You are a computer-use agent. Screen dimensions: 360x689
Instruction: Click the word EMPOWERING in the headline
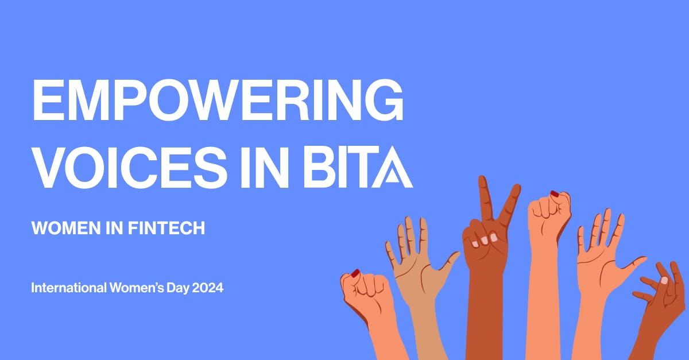coord(218,101)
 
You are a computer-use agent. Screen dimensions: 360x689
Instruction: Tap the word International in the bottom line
coord(68,288)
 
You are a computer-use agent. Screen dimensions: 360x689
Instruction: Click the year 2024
coord(207,288)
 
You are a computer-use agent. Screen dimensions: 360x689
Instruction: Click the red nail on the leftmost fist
coord(355,272)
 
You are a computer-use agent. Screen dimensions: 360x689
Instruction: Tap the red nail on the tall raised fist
coord(555,193)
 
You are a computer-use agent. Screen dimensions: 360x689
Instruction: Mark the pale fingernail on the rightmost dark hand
coord(664,281)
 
